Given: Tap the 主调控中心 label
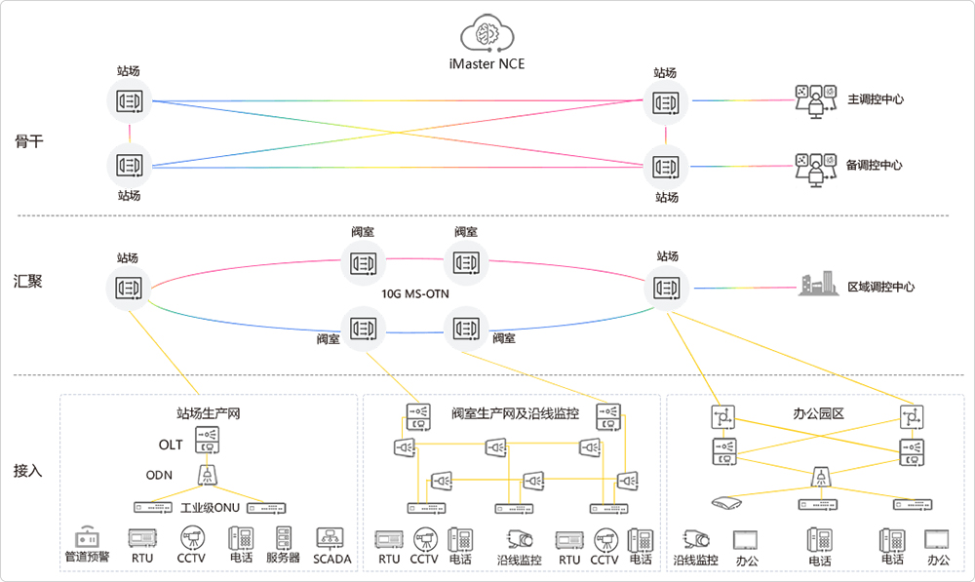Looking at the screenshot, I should [x=874, y=99].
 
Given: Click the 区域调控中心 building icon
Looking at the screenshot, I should [x=817, y=285].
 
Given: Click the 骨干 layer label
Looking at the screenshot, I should [x=29, y=141].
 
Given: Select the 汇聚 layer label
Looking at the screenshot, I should [x=29, y=282].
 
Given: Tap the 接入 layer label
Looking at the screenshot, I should [x=29, y=470].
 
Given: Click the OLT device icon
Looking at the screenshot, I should [x=207, y=441].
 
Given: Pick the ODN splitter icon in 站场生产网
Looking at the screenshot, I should [x=207, y=475].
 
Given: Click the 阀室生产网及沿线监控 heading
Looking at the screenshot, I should [x=515, y=413].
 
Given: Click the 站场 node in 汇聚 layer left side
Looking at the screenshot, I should [x=129, y=288].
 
